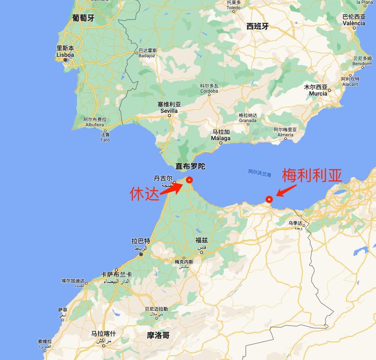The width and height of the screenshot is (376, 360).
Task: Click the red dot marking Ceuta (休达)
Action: click(x=189, y=180)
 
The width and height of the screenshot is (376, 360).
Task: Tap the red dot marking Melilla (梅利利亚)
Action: click(x=269, y=200)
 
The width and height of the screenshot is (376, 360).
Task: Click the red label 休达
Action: click(x=145, y=194)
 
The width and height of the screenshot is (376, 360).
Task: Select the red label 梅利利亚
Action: click(x=312, y=176)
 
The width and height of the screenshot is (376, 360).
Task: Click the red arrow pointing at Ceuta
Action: click(x=171, y=189)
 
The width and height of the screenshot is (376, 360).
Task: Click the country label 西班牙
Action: click(x=257, y=26)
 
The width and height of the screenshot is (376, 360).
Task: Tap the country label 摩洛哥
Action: click(x=158, y=335)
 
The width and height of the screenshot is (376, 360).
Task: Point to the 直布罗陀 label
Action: click(x=190, y=166)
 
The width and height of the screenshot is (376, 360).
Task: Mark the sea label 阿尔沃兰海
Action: click(x=260, y=173)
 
